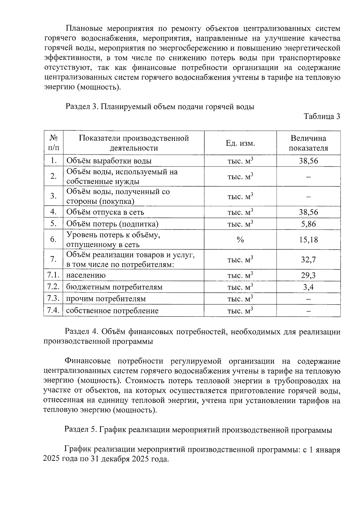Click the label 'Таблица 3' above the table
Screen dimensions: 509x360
[322, 116]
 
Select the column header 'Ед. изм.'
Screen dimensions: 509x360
[240, 143]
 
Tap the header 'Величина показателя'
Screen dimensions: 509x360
[308, 143]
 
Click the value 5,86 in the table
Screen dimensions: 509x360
[308, 224]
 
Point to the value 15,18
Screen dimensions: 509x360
[308, 240]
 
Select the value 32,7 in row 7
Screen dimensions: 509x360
[308, 259]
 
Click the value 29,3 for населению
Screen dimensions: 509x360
[308, 275]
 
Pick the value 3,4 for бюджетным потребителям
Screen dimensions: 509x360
[308, 287]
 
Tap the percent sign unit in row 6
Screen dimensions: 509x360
[240, 240]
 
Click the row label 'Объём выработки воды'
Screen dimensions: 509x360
[109, 161]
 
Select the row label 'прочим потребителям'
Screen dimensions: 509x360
[106, 299]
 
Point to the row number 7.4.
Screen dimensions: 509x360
[53, 310]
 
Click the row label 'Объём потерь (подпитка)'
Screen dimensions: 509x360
[112, 224]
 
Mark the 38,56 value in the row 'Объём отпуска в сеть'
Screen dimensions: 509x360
[308, 212]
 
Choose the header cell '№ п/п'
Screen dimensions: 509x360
[53, 143]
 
